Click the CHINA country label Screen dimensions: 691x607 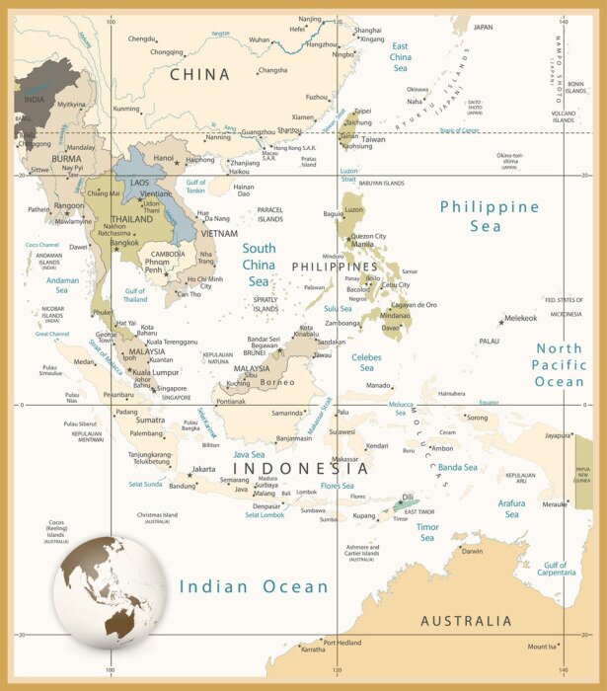(x=199, y=74)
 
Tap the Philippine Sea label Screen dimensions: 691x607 (x=490, y=216)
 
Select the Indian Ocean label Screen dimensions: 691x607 (x=254, y=586)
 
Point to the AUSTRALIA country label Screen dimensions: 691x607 (x=466, y=621)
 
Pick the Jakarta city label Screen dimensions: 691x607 (x=203, y=469)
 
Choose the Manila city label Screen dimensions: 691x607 (x=362, y=245)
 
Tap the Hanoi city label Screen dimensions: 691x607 (x=164, y=157)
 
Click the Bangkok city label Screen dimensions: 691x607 (x=124, y=242)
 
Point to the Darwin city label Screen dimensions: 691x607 (x=472, y=551)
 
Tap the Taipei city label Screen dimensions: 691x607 (x=363, y=112)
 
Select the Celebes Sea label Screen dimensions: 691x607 (x=366, y=362)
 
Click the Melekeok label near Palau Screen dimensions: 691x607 (x=520, y=318)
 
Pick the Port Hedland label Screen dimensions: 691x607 (x=342, y=642)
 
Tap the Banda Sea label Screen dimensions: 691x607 (x=457, y=467)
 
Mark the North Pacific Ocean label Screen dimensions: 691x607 (x=560, y=365)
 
